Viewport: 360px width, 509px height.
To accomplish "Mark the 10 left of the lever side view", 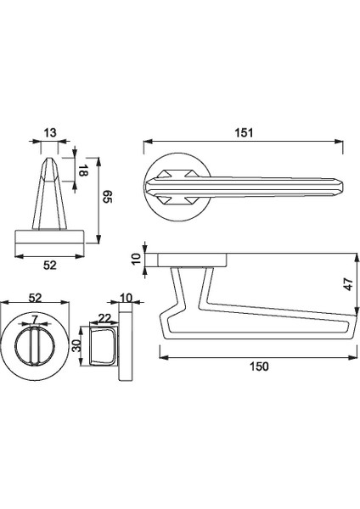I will pyautogui.click(x=133, y=259).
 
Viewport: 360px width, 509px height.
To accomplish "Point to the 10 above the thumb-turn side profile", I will pyautogui.click(x=127, y=297).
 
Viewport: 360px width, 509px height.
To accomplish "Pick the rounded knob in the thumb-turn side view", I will pyautogui.click(x=100, y=347).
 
